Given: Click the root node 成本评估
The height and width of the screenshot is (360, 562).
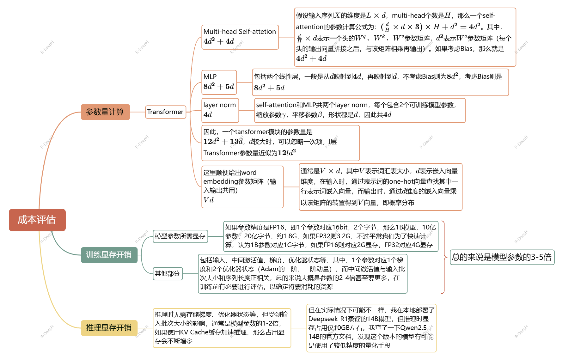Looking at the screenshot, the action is click(37, 220).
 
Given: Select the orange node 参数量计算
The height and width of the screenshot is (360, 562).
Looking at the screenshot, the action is click(105, 112).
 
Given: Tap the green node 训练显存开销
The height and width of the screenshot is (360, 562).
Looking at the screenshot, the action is click(109, 255).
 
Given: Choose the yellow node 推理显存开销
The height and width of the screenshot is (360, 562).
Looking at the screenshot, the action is click(109, 328).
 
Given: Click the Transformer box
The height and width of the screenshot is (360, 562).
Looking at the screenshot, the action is click(165, 112).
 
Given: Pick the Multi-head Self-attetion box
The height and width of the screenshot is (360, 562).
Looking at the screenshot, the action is click(240, 37).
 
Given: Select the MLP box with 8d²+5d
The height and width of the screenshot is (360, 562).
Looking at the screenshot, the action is click(219, 82).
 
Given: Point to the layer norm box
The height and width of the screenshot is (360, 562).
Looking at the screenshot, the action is click(220, 110).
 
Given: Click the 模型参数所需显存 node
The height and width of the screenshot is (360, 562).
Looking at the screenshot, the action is click(180, 236).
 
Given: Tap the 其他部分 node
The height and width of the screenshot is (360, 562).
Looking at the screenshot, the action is click(168, 273).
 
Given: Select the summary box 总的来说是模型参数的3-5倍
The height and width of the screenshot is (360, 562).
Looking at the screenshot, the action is click(502, 257).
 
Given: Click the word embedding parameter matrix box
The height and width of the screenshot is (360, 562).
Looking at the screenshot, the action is click(242, 186).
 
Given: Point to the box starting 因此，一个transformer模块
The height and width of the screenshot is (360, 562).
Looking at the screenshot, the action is click(280, 143).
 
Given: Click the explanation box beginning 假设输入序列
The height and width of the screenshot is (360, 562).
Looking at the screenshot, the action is click(405, 37).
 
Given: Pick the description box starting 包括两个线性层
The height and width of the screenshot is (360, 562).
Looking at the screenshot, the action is click(380, 82).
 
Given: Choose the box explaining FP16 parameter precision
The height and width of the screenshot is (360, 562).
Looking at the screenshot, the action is click(331, 236).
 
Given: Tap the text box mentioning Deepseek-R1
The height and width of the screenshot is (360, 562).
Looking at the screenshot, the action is click(371, 328).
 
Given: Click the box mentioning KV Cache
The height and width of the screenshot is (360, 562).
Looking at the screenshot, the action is click(222, 328).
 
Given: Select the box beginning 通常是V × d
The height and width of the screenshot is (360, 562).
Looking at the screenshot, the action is click(380, 186).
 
